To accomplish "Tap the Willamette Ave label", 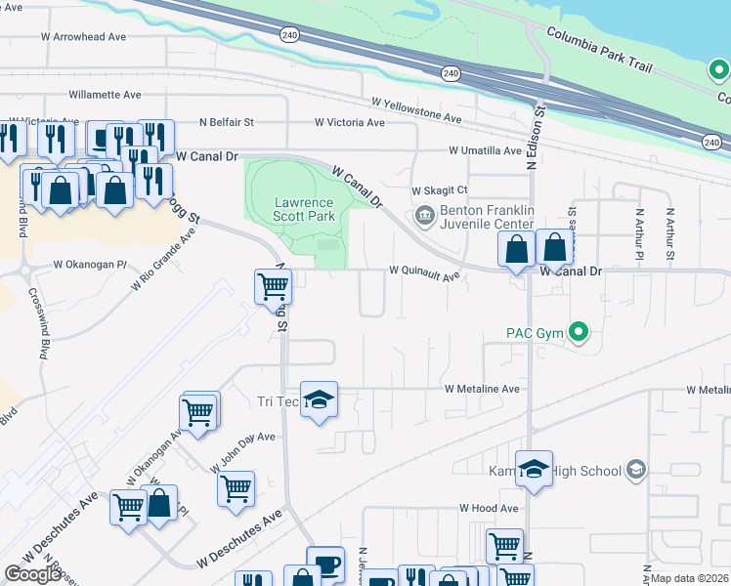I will coord(105,95).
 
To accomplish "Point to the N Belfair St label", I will coord(226,122).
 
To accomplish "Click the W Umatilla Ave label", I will coord(486,150).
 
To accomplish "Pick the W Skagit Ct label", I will coord(440,190).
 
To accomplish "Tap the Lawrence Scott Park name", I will coord(303,209).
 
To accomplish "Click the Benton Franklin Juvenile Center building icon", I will coord(424,215).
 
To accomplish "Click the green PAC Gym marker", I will coord(579,334).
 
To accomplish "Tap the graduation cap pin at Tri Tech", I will coord(319,399).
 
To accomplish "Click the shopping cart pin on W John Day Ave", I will coord(236,487).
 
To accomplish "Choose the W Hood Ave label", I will coord(489,509).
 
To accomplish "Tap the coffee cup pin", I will coord(325,564).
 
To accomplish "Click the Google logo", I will coord(32,573).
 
